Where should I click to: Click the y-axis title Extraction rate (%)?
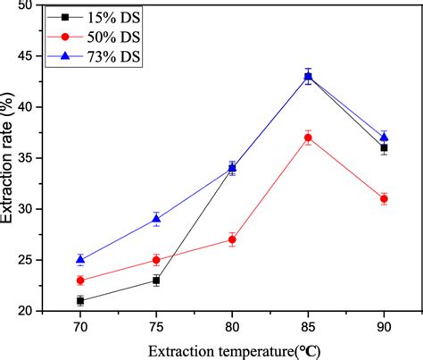pyautogui.click(x=12, y=157)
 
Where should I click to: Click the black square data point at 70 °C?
pyautogui.click(x=80, y=301)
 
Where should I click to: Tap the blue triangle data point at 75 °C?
pyautogui.click(x=156, y=219)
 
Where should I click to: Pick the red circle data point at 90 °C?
pyautogui.click(x=384, y=199)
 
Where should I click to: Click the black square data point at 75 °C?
pyautogui.click(x=156, y=280)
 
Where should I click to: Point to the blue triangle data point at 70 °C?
pyautogui.click(x=80, y=259)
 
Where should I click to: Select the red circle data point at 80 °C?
pyautogui.click(x=232, y=239)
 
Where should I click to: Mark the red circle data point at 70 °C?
pyautogui.click(x=80, y=280)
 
